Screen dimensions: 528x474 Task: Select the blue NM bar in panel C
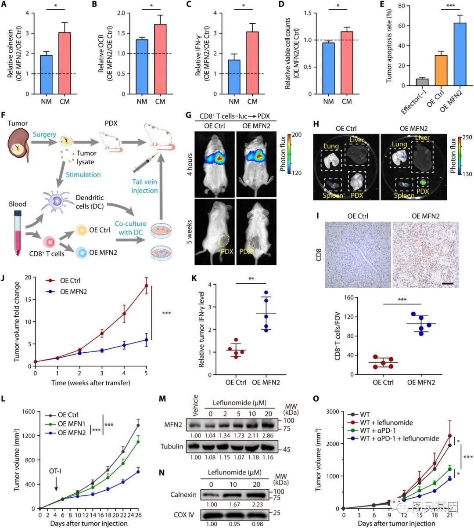pyautogui.click(x=233, y=77)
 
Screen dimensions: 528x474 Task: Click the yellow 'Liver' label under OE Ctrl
pyautogui.click(x=355, y=140)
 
